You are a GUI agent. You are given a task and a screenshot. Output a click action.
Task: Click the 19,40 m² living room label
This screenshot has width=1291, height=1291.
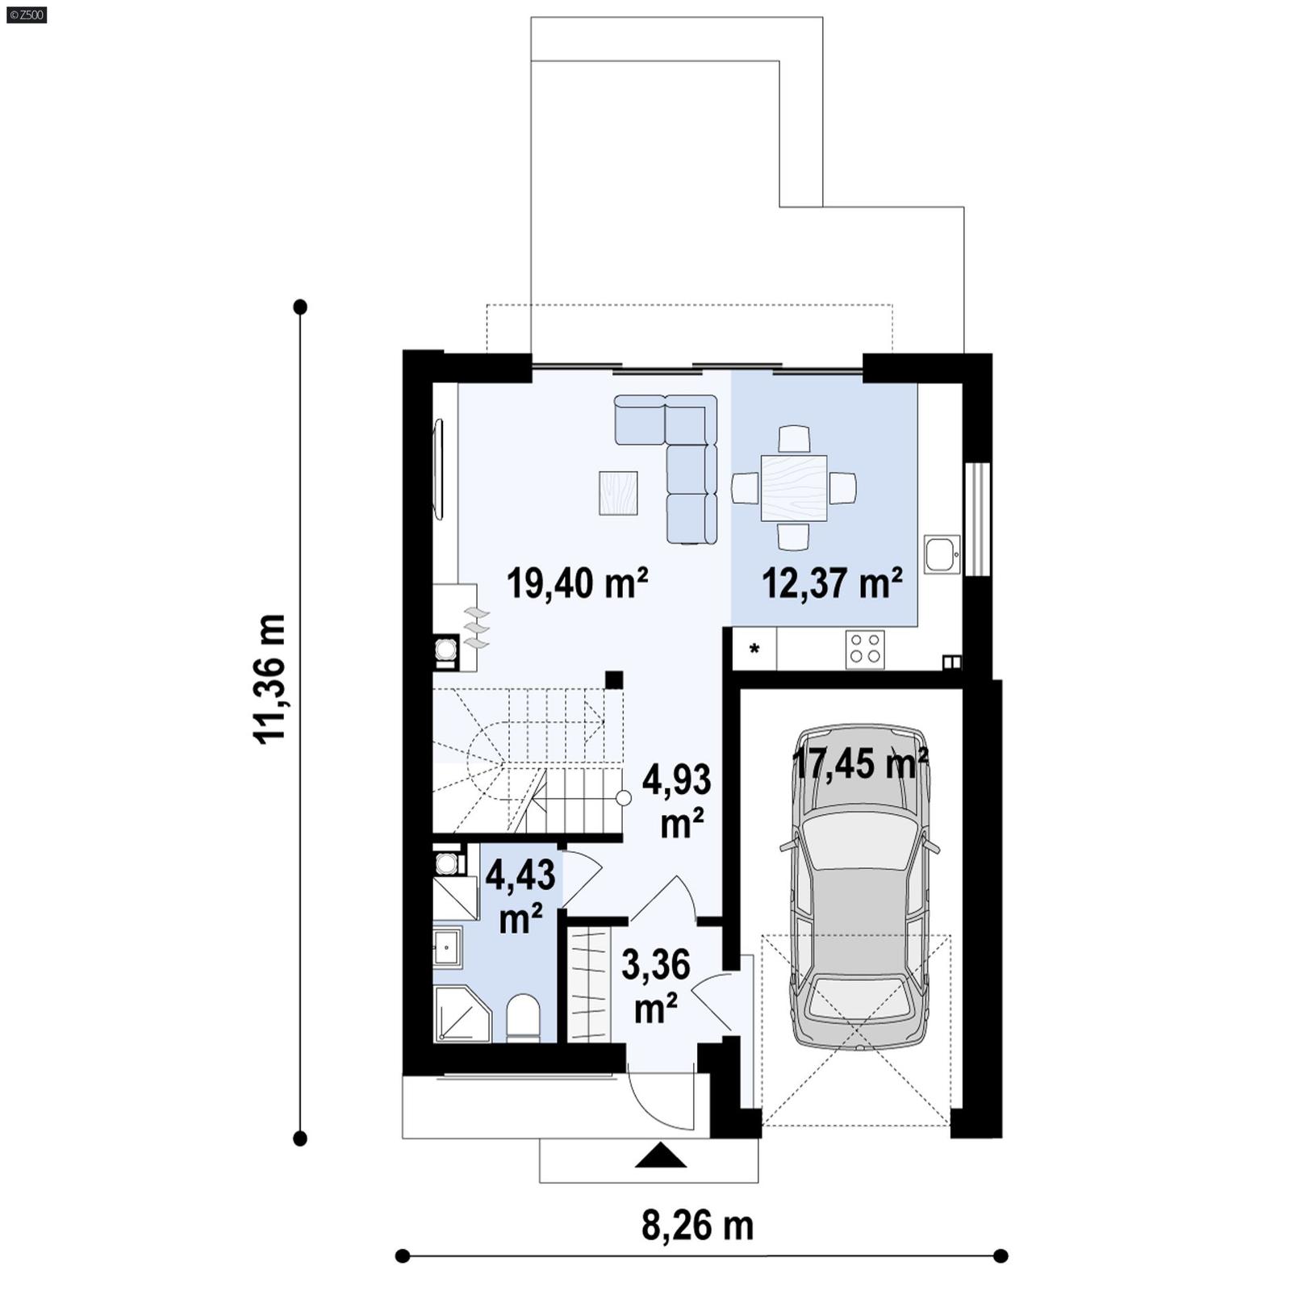577,583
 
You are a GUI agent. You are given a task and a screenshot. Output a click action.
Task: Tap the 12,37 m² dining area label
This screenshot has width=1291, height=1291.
832,583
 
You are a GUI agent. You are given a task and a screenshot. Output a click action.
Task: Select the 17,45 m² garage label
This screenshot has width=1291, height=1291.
860,762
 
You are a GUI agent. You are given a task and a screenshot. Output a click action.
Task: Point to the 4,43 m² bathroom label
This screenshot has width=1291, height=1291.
520,896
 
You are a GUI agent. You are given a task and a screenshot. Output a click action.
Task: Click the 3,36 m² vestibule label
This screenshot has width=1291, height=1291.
656,985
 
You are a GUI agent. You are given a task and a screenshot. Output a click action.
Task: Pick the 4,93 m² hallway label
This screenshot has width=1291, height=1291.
677,800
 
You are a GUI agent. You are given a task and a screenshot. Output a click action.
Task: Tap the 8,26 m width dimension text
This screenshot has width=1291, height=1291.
697,1226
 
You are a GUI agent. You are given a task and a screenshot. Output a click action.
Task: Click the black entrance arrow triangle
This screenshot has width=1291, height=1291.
660,1156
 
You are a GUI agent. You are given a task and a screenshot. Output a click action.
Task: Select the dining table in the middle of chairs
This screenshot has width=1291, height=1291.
794,487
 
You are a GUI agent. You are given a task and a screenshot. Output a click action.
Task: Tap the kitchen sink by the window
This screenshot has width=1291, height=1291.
942,554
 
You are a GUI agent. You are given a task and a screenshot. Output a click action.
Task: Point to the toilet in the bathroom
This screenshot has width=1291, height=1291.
523,1019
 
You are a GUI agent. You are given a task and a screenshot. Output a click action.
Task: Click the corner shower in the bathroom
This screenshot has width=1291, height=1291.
459,1015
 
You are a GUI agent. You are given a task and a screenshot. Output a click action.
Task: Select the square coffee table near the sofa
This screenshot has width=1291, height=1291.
619,493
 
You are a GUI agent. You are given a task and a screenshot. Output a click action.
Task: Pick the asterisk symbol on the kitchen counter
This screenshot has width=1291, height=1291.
755,649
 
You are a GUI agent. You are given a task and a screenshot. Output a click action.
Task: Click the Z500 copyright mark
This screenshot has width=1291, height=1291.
26,15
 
